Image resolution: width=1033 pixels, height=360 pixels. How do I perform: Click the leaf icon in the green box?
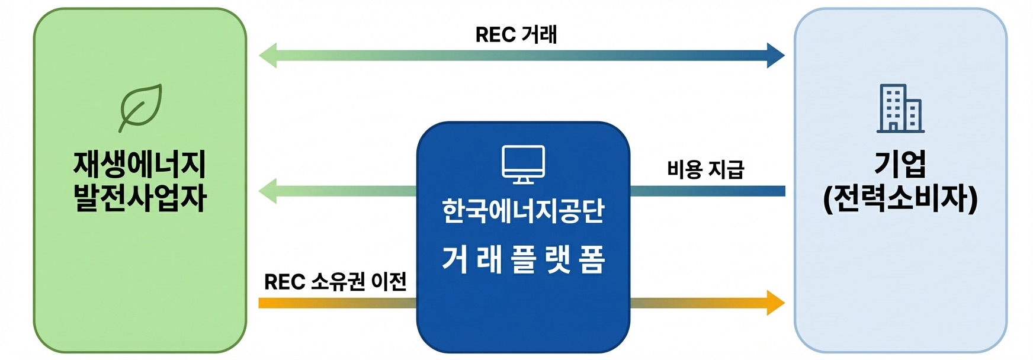point(141,107)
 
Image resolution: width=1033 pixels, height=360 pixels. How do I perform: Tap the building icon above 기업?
point(900,108)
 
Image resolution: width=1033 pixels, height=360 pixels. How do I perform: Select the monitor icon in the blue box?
point(523,164)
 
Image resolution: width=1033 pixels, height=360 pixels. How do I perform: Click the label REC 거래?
point(516,34)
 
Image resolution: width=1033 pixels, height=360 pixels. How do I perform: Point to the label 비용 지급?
point(705,169)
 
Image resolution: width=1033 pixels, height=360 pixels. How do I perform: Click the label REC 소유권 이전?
point(335,281)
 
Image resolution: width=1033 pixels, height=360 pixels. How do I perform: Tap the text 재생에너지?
point(140,164)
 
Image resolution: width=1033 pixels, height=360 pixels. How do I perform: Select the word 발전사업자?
point(140,198)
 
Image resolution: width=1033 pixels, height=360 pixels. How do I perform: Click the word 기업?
point(900,164)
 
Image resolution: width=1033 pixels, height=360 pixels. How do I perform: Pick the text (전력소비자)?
point(900,199)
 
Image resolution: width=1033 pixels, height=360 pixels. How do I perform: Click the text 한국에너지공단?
point(523,211)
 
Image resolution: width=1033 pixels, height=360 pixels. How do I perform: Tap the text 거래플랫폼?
point(523,259)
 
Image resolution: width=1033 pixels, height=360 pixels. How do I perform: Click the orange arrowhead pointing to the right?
point(775,303)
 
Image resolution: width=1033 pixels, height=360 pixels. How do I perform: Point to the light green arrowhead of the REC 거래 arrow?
point(268,56)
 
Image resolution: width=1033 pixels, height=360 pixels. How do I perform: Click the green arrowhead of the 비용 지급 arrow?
point(268,191)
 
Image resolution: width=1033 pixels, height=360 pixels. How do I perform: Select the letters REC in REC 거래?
point(495,35)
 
